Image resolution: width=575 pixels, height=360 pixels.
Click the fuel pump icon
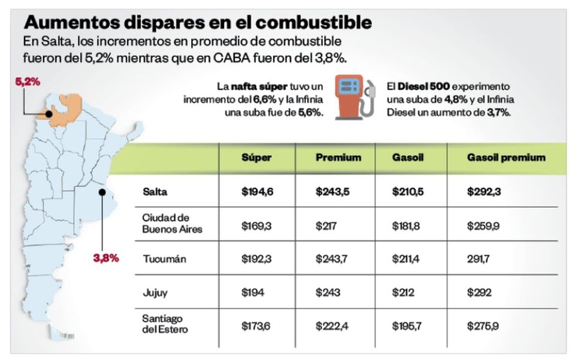tap(355, 97)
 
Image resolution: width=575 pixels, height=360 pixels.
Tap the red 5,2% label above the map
tap(28, 81)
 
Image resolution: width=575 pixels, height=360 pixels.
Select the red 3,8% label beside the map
tap(106, 258)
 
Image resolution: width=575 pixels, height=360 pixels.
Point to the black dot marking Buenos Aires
tap(102, 192)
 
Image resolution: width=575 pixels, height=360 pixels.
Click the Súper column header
tap(256, 158)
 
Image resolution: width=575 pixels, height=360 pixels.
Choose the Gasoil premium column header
tap(506, 158)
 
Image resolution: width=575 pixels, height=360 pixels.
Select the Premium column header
tap(338, 158)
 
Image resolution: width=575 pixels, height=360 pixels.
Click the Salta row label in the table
tap(155, 192)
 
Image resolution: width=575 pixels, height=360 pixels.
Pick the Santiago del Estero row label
tap(165, 323)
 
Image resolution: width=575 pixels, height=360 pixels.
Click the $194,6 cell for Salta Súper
tap(257, 192)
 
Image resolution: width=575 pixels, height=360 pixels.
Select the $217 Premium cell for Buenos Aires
tap(326, 226)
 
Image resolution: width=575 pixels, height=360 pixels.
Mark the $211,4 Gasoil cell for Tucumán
tap(405, 259)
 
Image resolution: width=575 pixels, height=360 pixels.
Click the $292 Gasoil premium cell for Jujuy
tap(479, 292)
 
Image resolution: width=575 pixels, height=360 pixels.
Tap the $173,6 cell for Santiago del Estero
tap(256, 326)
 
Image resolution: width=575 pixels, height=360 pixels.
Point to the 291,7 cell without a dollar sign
tap(478, 259)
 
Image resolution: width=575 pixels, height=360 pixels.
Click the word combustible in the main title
tap(314, 22)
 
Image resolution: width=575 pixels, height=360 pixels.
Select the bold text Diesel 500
tap(423, 86)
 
